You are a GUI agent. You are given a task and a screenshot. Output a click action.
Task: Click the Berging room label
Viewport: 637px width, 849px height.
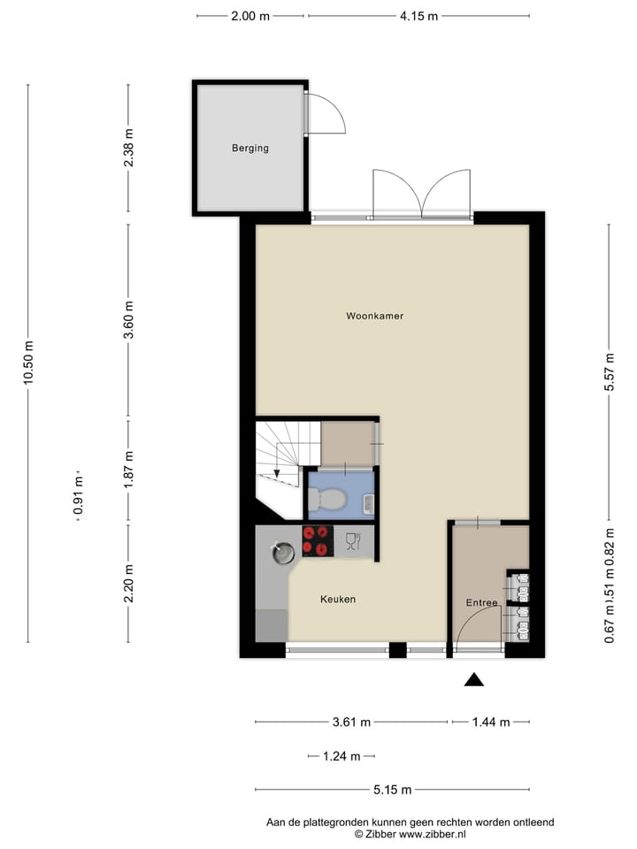[x=250, y=149]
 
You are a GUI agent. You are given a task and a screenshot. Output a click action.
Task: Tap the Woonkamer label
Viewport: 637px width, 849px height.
[x=374, y=316]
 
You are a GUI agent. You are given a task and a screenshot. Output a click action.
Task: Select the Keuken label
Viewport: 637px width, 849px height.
[x=338, y=600]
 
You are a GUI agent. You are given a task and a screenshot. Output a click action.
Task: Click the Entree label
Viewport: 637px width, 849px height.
[x=481, y=603]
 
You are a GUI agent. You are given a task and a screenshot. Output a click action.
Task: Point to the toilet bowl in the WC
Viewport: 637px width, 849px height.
[x=330, y=501]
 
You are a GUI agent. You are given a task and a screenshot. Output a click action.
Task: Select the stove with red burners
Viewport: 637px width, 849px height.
[x=318, y=540]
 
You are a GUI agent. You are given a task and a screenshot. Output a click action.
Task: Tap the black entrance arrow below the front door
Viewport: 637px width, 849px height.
[x=474, y=679]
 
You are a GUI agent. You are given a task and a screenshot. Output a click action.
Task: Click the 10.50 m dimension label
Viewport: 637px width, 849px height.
[x=28, y=363]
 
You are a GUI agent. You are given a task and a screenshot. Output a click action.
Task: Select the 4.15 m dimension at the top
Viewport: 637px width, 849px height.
[x=418, y=16]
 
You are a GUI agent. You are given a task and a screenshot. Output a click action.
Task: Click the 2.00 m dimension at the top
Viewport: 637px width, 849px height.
[x=251, y=16]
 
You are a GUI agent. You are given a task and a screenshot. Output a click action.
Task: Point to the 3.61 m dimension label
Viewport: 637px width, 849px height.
[x=351, y=723]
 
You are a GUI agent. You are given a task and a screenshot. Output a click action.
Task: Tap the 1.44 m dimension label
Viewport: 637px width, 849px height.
[x=491, y=723]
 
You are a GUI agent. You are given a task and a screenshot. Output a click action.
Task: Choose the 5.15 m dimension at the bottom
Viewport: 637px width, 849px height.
[x=393, y=791]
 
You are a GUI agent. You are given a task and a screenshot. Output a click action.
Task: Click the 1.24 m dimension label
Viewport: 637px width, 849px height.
[x=342, y=756]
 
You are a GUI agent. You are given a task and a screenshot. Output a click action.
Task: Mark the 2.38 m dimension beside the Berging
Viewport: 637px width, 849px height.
[x=129, y=149]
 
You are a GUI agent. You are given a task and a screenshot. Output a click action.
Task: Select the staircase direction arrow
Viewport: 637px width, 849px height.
[x=277, y=473]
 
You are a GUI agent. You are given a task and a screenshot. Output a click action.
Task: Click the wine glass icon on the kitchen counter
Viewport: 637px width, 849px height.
[x=352, y=541]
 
